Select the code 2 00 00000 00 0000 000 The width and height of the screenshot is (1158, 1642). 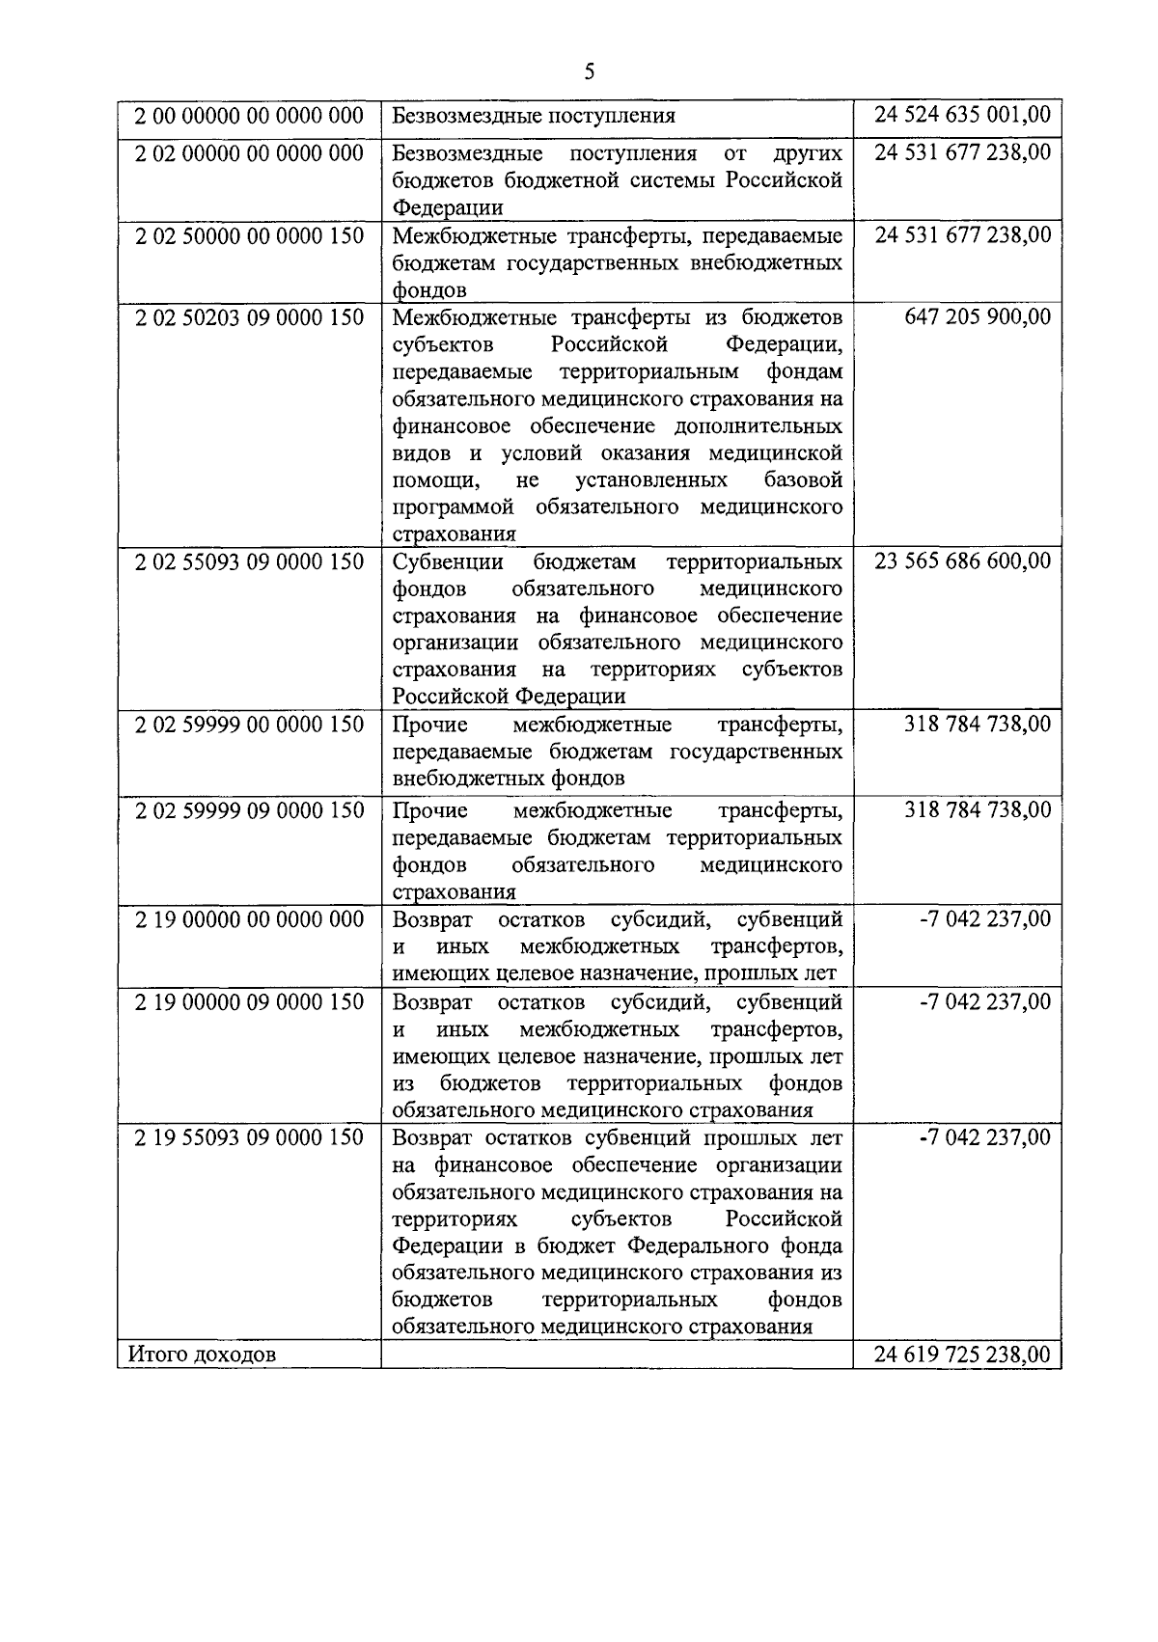click(x=249, y=116)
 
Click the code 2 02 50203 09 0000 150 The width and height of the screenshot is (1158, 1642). click(x=249, y=317)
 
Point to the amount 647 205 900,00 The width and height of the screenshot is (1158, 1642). click(x=978, y=317)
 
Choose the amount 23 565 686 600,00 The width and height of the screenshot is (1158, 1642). click(x=962, y=561)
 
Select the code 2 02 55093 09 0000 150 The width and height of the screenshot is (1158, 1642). click(x=249, y=561)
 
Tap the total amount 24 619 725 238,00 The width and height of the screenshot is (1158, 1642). click(x=962, y=1355)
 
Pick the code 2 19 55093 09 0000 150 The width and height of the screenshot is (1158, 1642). click(x=249, y=1137)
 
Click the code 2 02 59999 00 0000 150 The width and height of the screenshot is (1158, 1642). click(x=249, y=725)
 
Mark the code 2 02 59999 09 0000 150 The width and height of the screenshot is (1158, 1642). click(x=249, y=810)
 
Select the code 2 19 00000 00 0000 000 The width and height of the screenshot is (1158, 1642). click(x=249, y=919)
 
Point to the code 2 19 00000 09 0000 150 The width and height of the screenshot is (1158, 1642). click(x=249, y=1002)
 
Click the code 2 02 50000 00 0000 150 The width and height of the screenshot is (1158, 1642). click(x=249, y=236)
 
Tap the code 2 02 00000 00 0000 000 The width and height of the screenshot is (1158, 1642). click(x=249, y=153)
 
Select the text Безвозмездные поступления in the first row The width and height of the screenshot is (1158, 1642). click(x=534, y=116)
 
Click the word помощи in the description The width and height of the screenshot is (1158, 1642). click(x=429, y=480)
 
